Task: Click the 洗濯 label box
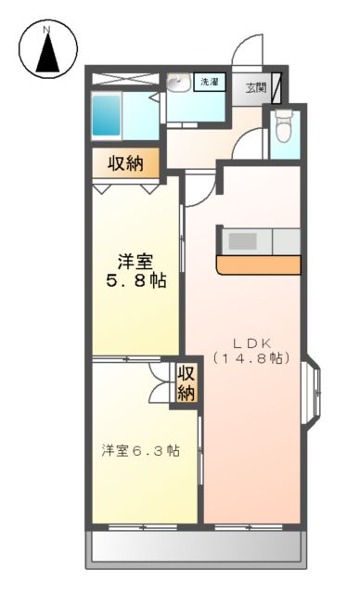(211, 83)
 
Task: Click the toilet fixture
(285, 126)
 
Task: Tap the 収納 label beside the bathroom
(125, 165)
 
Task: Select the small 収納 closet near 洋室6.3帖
(186, 381)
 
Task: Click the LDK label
(249, 341)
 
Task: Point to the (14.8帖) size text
(249, 358)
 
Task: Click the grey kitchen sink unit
(243, 241)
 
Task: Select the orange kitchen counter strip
(259, 266)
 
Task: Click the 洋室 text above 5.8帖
(135, 259)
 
